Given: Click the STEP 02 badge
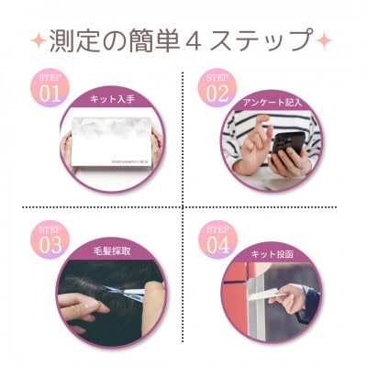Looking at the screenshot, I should (217, 85).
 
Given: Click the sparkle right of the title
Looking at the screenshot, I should (323, 42).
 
